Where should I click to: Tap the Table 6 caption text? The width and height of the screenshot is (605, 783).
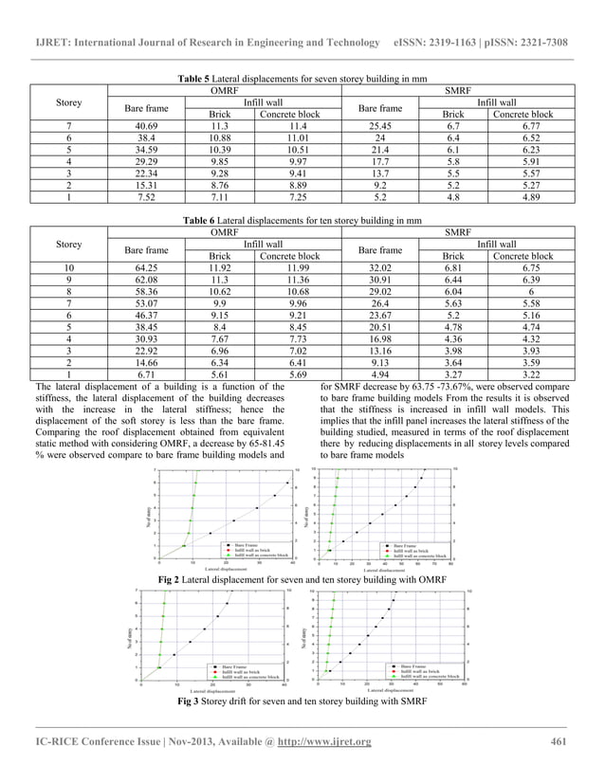302,220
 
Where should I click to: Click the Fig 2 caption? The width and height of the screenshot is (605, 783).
302,578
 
